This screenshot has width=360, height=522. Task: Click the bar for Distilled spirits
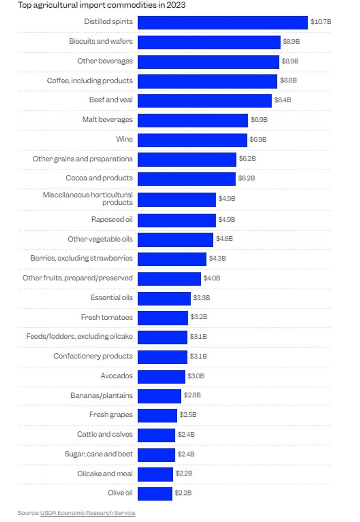coord(222,22)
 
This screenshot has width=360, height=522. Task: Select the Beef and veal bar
coord(204,100)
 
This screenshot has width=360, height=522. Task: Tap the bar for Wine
coord(192,139)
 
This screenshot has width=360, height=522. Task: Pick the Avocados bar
coord(161,376)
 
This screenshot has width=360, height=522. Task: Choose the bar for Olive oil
coord(155,493)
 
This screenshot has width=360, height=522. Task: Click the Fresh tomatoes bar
coord(162,318)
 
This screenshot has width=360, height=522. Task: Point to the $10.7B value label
coord(320,22)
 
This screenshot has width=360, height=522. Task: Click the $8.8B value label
coord(288,80)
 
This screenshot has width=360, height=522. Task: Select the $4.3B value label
coord(217,259)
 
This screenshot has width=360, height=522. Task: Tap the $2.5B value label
coord(188,415)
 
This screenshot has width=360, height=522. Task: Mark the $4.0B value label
coord(211,278)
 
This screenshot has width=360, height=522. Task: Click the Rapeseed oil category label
coord(112,220)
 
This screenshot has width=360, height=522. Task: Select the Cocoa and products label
coord(99,178)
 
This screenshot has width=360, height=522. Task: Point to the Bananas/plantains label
coord(101,396)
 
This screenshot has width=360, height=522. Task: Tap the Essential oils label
coord(112,298)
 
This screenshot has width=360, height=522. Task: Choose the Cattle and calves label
coord(105,434)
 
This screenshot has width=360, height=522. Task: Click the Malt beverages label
coord(108,120)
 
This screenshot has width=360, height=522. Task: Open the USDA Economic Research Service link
coord(88,513)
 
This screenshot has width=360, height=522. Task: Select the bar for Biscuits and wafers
coord(209,42)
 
